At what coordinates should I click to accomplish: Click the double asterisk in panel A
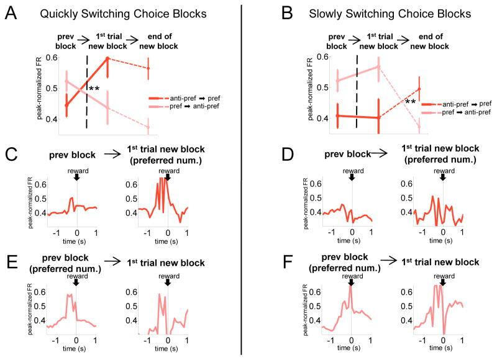(x=94, y=89)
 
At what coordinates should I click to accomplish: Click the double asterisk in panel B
(x=410, y=102)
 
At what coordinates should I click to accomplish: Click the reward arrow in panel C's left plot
(x=76, y=176)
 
